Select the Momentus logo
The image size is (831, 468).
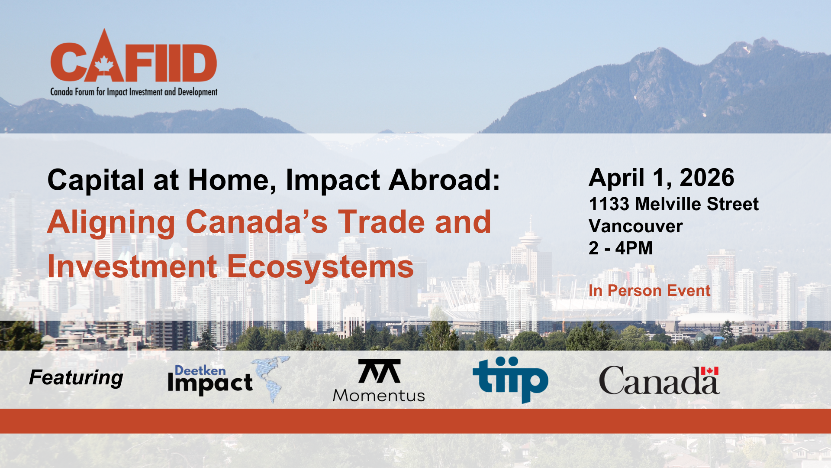379,380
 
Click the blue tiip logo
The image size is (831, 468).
510,380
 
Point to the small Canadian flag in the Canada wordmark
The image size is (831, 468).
710,371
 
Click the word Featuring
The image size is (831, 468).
76,377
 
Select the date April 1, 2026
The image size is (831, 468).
661,178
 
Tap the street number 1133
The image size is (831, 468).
609,204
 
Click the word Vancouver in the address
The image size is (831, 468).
635,226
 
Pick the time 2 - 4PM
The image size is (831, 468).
620,248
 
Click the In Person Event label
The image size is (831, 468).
649,290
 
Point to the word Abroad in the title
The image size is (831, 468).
444,180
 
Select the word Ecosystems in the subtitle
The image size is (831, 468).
320,266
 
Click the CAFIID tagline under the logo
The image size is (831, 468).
134,92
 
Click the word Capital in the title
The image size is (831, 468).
95,180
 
